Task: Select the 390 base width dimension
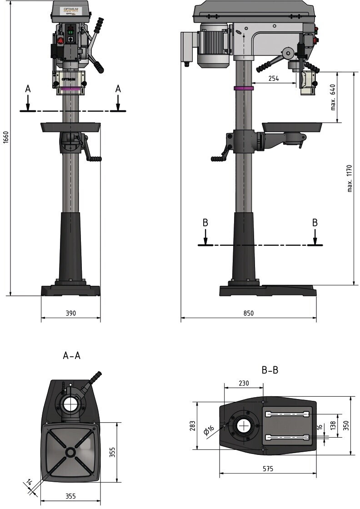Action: click(x=70, y=313)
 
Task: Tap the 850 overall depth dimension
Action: click(x=248, y=313)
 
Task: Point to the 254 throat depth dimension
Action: click(x=274, y=78)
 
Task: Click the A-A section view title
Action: click(x=72, y=355)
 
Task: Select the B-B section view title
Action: click(x=270, y=370)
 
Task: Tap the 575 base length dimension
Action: click(x=268, y=469)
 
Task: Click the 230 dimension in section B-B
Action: click(x=244, y=383)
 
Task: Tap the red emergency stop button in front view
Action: click(x=59, y=41)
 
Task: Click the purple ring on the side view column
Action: click(x=243, y=87)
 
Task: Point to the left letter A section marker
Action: click(x=28, y=89)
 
